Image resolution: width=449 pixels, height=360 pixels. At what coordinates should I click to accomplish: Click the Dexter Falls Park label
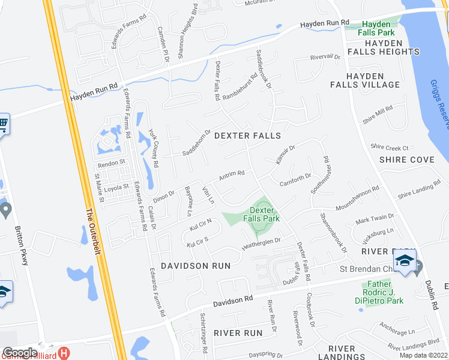265,214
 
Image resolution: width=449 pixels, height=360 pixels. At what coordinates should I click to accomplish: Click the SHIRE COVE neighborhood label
407,160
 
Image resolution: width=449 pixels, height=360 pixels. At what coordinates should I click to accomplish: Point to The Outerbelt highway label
91,231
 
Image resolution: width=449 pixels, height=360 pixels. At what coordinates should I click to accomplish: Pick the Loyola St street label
117,187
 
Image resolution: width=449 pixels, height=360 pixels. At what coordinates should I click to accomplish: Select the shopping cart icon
3,125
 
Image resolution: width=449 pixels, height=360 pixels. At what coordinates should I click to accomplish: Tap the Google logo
20,353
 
